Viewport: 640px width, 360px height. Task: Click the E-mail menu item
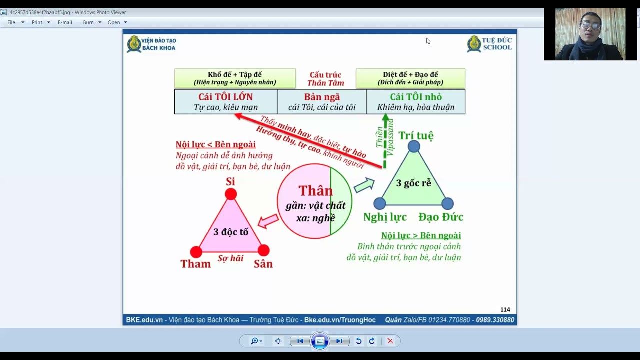click(x=65, y=22)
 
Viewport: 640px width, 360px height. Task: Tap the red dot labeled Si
click(x=231, y=194)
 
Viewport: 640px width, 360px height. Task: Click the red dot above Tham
click(x=196, y=252)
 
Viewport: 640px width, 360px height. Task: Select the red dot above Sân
click(x=263, y=250)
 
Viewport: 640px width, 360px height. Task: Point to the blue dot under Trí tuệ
click(x=414, y=146)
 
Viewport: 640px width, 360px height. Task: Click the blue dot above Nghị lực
click(x=379, y=203)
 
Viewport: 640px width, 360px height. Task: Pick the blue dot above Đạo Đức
click(x=447, y=203)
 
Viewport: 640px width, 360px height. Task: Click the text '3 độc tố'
click(x=231, y=232)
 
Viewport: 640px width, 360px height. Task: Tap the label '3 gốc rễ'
click(x=413, y=183)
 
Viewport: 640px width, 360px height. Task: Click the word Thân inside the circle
click(x=315, y=190)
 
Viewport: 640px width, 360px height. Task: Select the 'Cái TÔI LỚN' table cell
click(x=226, y=102)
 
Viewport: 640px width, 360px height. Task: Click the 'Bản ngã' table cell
click(x=322, y=102)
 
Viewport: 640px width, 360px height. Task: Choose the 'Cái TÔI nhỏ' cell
click(x=416, y=102)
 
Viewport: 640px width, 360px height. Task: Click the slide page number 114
click(x=505, y=309)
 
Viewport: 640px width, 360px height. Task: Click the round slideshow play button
click(x=319, y=341)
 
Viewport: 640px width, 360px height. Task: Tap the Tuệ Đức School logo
click(x=489, y=44)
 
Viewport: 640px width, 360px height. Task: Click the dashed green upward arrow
click(x=385, y=141)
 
